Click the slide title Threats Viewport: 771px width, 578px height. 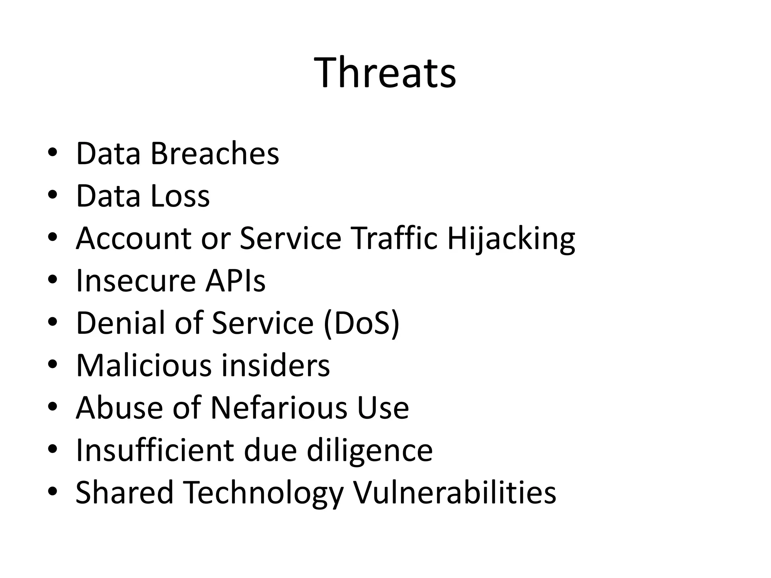click(x=385, y=72)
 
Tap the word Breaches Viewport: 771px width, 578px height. click(x=215, y=154)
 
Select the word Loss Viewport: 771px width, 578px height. click(x=180, y=196)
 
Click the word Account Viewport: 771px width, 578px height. click(x=134, y=238)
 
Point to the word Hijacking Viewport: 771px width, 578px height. click(x=511, y=239)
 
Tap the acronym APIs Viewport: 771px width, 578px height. click(x=235, y=281)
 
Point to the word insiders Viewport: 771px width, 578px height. click(x=275, y=365)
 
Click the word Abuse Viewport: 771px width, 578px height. click(x=119, y=408)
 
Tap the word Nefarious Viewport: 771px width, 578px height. click(x=279, y=408)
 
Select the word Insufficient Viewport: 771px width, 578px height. click(x=155, y=450)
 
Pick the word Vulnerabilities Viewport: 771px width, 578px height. click(x=454, y=492)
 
